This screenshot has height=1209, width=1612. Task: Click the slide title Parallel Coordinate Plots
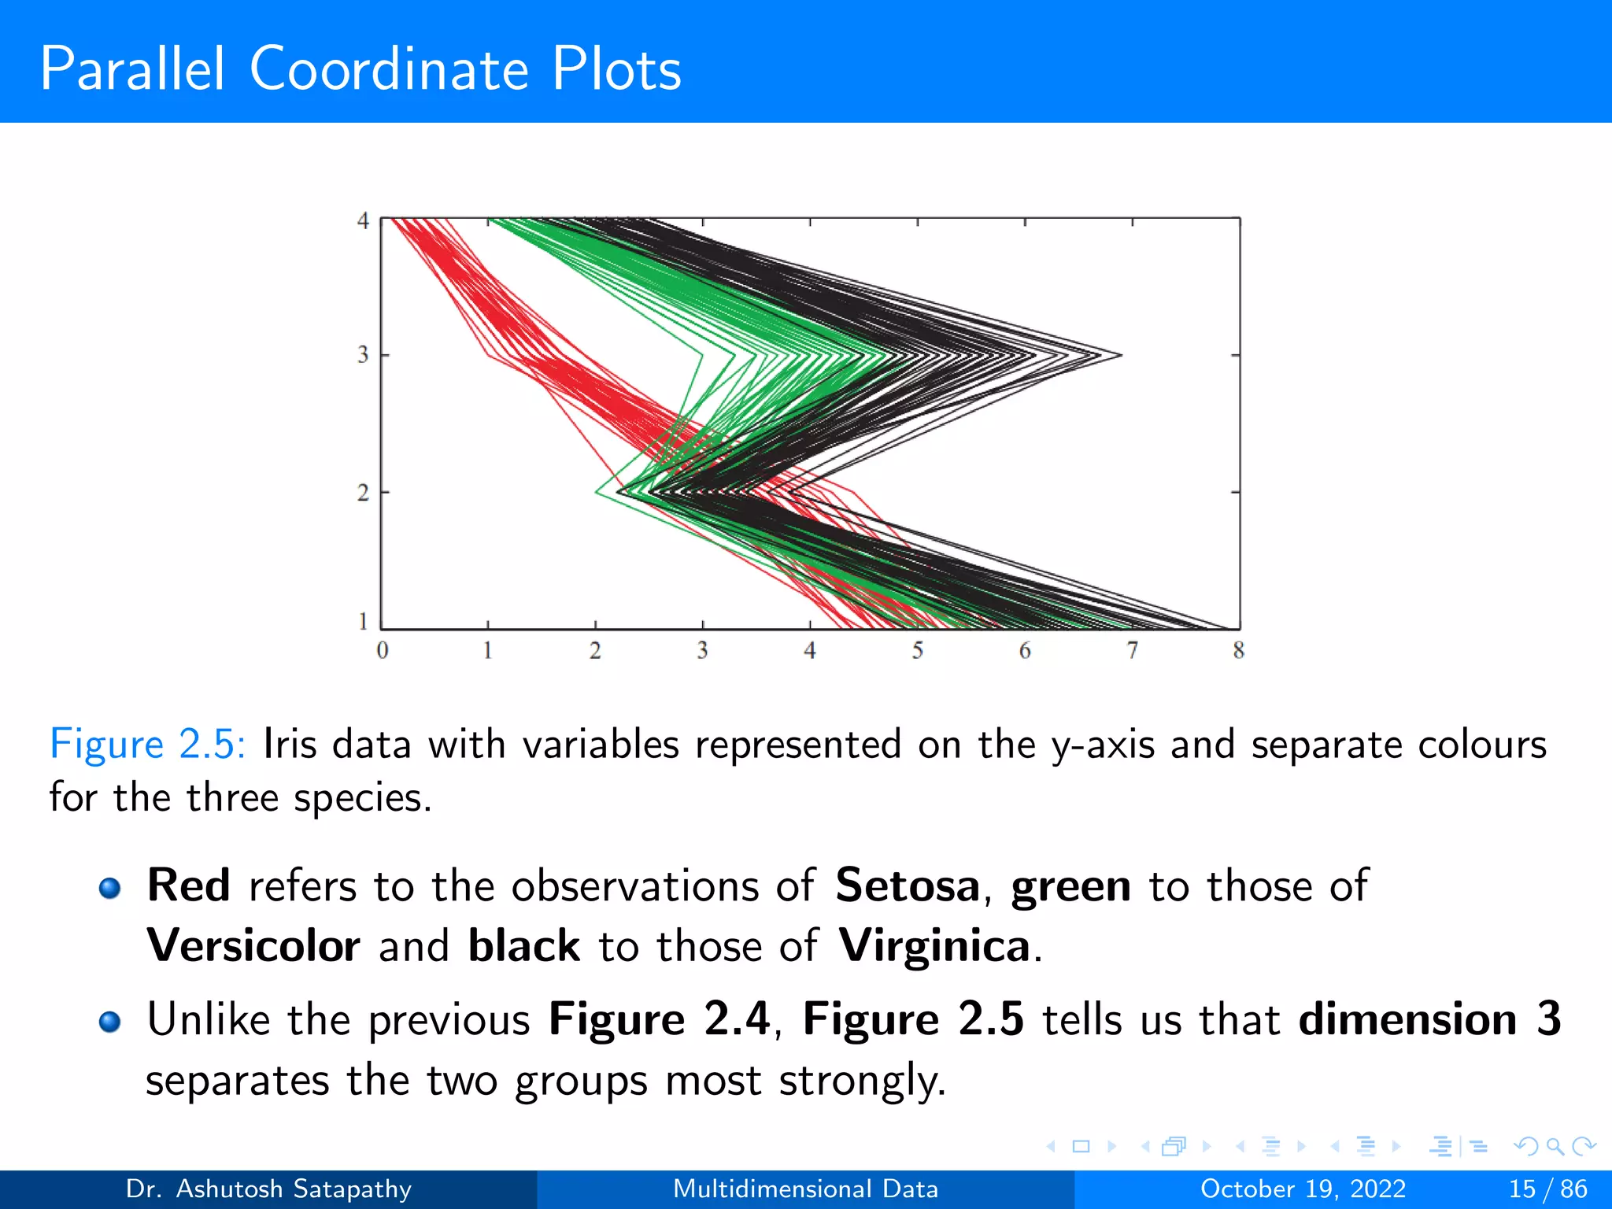[360, 69]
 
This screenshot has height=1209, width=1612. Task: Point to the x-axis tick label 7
[1132, 650]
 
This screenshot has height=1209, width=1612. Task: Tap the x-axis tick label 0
[383, 650]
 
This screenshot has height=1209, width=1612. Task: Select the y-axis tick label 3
[363, 355]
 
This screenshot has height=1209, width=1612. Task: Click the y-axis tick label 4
[363, 221]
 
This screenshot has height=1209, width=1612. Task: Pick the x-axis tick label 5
[917, 650]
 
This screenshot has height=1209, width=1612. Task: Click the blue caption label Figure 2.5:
[147, 745]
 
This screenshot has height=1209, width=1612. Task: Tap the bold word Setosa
[908, 885]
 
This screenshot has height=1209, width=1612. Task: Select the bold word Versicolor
[253, 945]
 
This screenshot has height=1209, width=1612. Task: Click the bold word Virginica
[934, 945]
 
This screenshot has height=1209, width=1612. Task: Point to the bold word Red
[188, 885]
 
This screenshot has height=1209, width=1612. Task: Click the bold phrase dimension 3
[1429, 1019]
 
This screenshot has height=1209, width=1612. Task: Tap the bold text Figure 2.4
[660, 1019]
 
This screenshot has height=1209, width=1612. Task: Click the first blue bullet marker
[110, 889]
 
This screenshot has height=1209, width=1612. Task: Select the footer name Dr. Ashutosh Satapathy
[268, 1189]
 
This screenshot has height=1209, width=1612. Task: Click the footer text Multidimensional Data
[805, 1189]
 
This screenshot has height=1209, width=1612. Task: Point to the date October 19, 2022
[1303, 1189]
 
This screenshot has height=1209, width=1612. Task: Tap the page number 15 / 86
[1547, 1189]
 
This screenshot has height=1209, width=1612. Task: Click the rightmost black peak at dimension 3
[1120, 355]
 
